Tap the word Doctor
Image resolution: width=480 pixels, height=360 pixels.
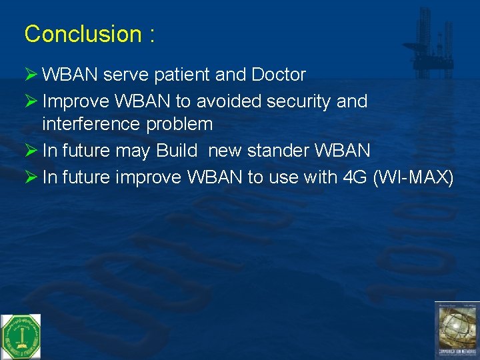click(278, 75)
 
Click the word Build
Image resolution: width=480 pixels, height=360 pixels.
click(177, 151)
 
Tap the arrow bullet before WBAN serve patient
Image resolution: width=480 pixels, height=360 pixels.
click(31, 75)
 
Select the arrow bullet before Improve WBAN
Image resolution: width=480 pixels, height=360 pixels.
click(31, 101)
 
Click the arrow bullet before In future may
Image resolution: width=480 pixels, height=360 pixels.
click(31, 151)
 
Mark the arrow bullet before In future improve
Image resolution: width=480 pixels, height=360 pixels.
click(31, 178)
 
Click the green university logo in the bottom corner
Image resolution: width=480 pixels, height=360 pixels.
click(21, 336)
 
